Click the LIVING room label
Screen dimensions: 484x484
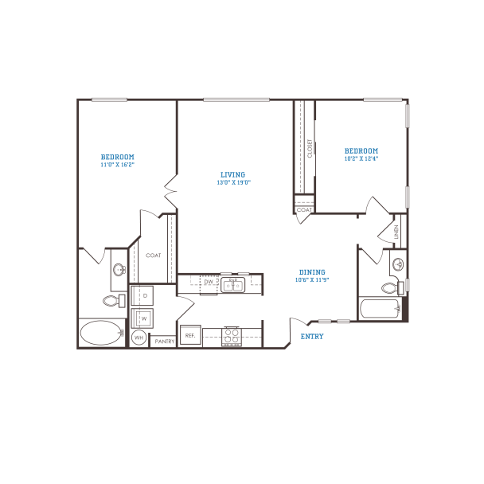[x=233, y=178]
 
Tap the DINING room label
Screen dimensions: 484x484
[x=312, y=275]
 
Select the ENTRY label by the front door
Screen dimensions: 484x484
[x=311, y=337]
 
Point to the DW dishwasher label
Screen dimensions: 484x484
[x=209, y=282]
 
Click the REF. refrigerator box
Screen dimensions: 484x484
[x=190, y=337]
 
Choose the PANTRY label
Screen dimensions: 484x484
[x=165, y=342]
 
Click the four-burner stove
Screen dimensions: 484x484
[x=232, y=336]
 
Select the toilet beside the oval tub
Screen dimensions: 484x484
[x=113, y=300]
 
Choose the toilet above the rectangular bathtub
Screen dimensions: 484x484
[x=389, y=287]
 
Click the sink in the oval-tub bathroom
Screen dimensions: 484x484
[x=119, y=270]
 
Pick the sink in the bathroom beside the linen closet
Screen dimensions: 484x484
[x=396, y=263]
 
